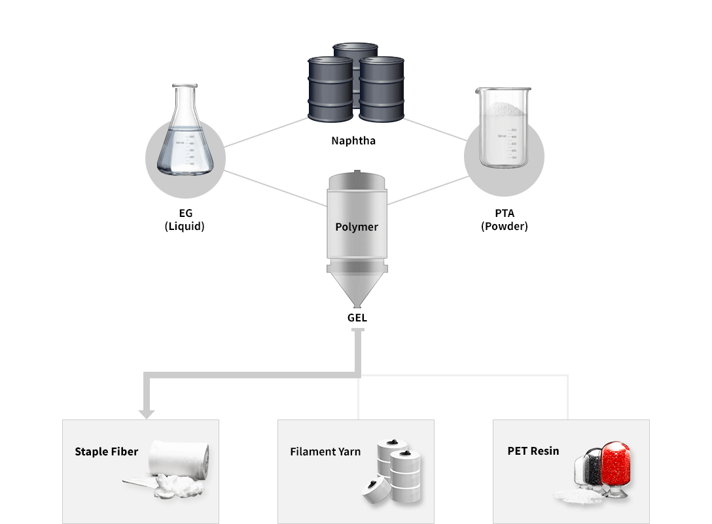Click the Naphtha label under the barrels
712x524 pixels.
point(353,140)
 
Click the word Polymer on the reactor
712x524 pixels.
point(357,227)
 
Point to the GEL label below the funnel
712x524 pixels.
point(357,318)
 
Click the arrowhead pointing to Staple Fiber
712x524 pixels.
point(147,413)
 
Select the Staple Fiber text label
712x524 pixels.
point(106,451)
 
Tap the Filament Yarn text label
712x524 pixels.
point(325,451)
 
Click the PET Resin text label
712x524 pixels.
point(533,451)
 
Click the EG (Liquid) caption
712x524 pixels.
point(185,220)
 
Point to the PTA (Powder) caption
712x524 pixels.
point(504,220)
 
